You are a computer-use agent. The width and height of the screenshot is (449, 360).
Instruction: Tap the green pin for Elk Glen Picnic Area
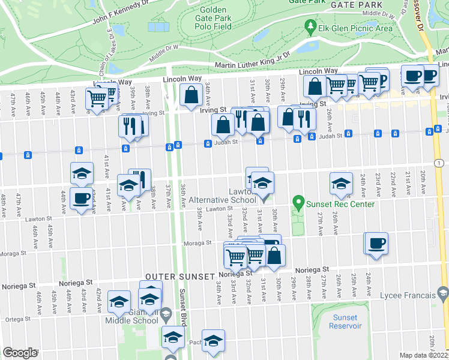click(310, 27)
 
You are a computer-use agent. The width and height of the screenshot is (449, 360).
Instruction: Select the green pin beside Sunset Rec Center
click(297, 204)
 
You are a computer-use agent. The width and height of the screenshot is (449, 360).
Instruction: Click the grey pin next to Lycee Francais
click(443, 294)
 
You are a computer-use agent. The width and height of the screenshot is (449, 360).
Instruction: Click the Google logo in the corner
click(20, 353)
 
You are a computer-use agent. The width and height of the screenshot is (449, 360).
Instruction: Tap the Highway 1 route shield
click(441, 163)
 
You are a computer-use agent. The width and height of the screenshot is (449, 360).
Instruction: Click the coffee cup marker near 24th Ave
click(376, 244)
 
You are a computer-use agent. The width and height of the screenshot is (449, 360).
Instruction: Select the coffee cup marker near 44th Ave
click(81, 197)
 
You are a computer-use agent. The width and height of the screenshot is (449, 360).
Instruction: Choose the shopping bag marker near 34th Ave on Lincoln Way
click(191, 95)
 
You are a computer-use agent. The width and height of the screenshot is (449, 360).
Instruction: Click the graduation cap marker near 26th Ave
click(341, 184)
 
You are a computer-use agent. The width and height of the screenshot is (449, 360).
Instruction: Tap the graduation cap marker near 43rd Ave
click(82, 173)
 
